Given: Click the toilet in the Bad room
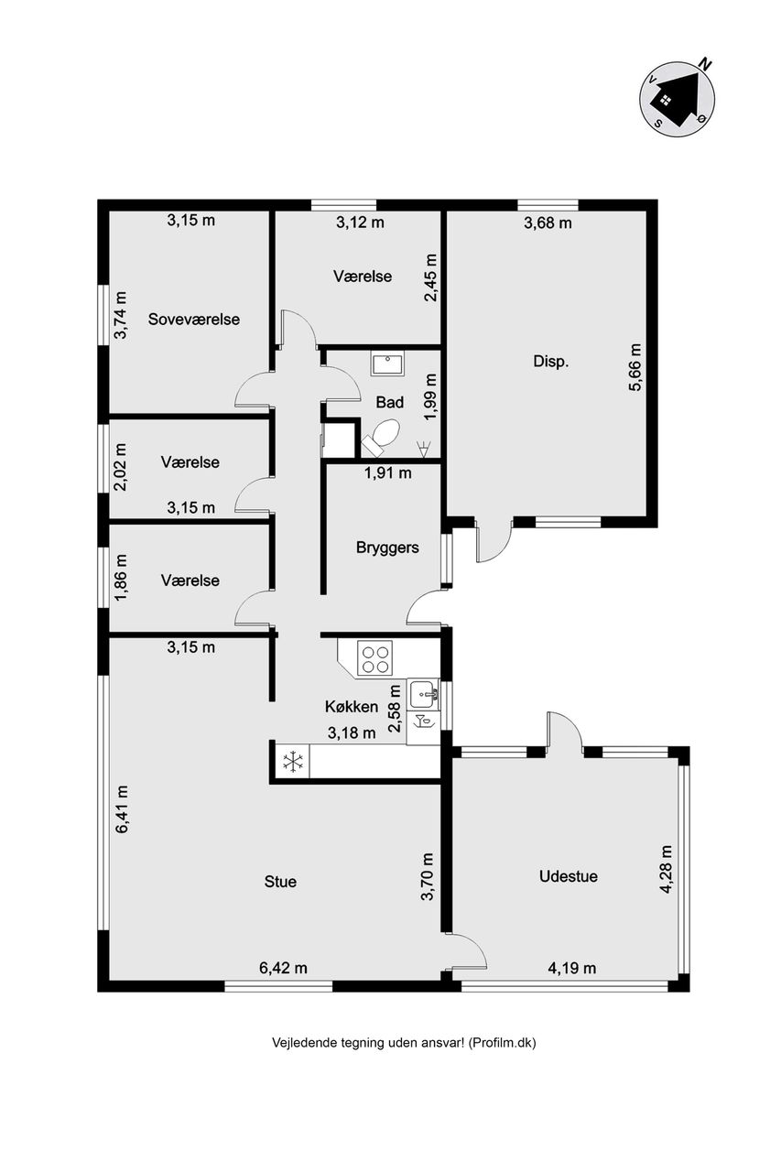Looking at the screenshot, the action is (x=382, y=434).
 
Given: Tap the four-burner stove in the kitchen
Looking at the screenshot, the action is (x=374, y=657).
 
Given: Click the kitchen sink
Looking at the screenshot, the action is (x=424, y=694).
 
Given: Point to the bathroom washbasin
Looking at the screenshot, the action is (x=387, y=364).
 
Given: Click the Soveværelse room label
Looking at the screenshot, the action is (x=193, y=320).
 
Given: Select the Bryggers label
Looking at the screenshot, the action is (x=387, y=548).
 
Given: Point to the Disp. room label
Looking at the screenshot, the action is (x=550, y=361).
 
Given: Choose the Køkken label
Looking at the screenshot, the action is (x=352, y=707).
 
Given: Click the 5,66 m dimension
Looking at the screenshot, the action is (x=635, y=367).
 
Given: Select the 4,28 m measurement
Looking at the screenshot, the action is (x=666, y=870).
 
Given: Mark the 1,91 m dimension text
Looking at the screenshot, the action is (x=387, y=473).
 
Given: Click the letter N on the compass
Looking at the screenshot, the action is (x=705, y=64).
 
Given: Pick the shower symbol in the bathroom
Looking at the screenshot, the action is (x=421, y=448).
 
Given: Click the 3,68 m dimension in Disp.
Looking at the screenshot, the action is (x=548, y=223).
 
